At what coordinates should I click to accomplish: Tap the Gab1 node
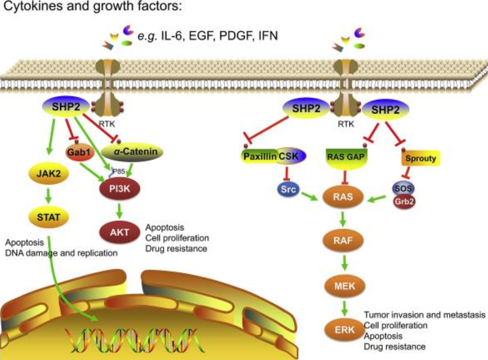coord(78,150)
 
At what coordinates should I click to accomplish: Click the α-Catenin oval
coord(132,151)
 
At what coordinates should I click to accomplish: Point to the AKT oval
coord(119,231)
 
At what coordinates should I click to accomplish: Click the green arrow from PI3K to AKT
coord(119,209)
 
